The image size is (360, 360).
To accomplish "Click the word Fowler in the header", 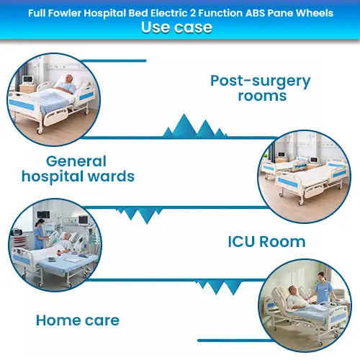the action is [x=65, y=13].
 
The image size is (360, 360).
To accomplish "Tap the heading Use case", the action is [x=176, y=27].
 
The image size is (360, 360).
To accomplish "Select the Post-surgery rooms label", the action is [x=261, y=88].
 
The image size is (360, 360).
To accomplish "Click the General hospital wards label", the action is [x=78, y=169].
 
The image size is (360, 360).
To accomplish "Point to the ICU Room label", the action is [x=266, y=241].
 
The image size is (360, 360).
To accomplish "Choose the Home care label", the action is [x=78, y=320].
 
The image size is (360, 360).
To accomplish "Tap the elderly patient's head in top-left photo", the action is [x=69, y=78].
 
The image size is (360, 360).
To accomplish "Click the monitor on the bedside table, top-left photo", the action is [x=27, y=79].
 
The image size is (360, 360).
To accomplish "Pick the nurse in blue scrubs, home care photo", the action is [x=323, y=288].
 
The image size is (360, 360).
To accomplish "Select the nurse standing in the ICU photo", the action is [x=40, y=235].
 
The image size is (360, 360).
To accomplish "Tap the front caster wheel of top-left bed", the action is [x=40, y=130].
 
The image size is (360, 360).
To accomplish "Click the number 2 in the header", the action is [x=193, y=13].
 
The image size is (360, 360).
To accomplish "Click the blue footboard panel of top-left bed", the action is [x=22, y=105].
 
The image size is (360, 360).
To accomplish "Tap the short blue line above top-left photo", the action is [x=114, y=60].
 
